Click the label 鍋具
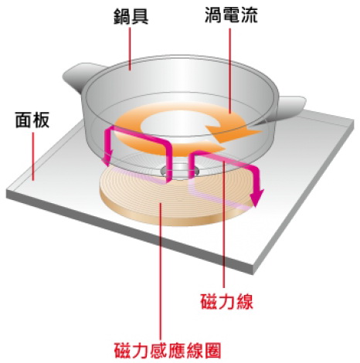[x=131, y=17]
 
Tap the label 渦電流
[x=231, y=15]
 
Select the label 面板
[x=32, y=120]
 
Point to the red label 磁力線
[x=226, y=301]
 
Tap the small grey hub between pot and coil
[x=179, y=170]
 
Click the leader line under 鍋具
[x=130, y=49]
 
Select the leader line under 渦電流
[x=229, y=70]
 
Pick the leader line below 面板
[x=33, y=156]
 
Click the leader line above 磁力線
[x=225, y=224]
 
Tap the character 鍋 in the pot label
[x=122, y=17]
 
